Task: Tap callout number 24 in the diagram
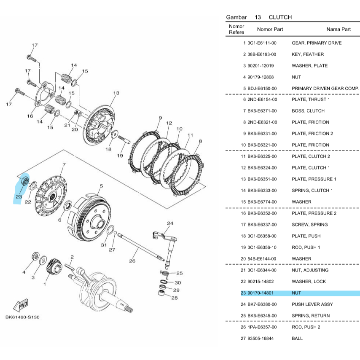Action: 170,223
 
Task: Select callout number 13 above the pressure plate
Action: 116,93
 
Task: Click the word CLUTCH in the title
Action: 280,17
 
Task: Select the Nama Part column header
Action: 338,30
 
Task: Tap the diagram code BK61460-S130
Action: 22,317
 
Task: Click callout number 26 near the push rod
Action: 132,261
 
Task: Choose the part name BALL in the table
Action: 297,339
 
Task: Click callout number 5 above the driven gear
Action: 101,186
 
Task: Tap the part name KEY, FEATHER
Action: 308,54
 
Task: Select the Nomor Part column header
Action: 270,30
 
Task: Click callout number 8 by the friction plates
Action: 200,141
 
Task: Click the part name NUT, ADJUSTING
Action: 310,270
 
